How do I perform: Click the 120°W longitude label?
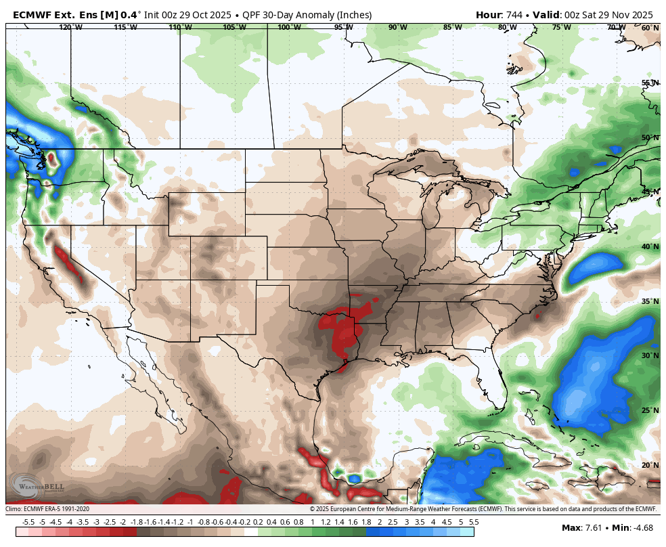coord(70,27)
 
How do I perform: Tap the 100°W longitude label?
coord(289,27)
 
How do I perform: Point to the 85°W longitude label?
coord(452,27)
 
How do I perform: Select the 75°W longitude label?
coord(561,27)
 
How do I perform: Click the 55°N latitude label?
coord(650,83)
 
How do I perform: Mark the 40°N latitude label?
coord(650,246)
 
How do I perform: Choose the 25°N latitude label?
coord(650,410)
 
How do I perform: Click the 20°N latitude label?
coord(650,465)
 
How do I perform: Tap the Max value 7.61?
coord(593,528)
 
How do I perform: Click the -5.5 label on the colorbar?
coord(28,522)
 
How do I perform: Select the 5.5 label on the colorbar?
coord(474,522)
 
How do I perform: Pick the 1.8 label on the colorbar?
coord(366,522)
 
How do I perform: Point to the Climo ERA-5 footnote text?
coord(47,509)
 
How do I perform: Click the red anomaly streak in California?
coord(69,264)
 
